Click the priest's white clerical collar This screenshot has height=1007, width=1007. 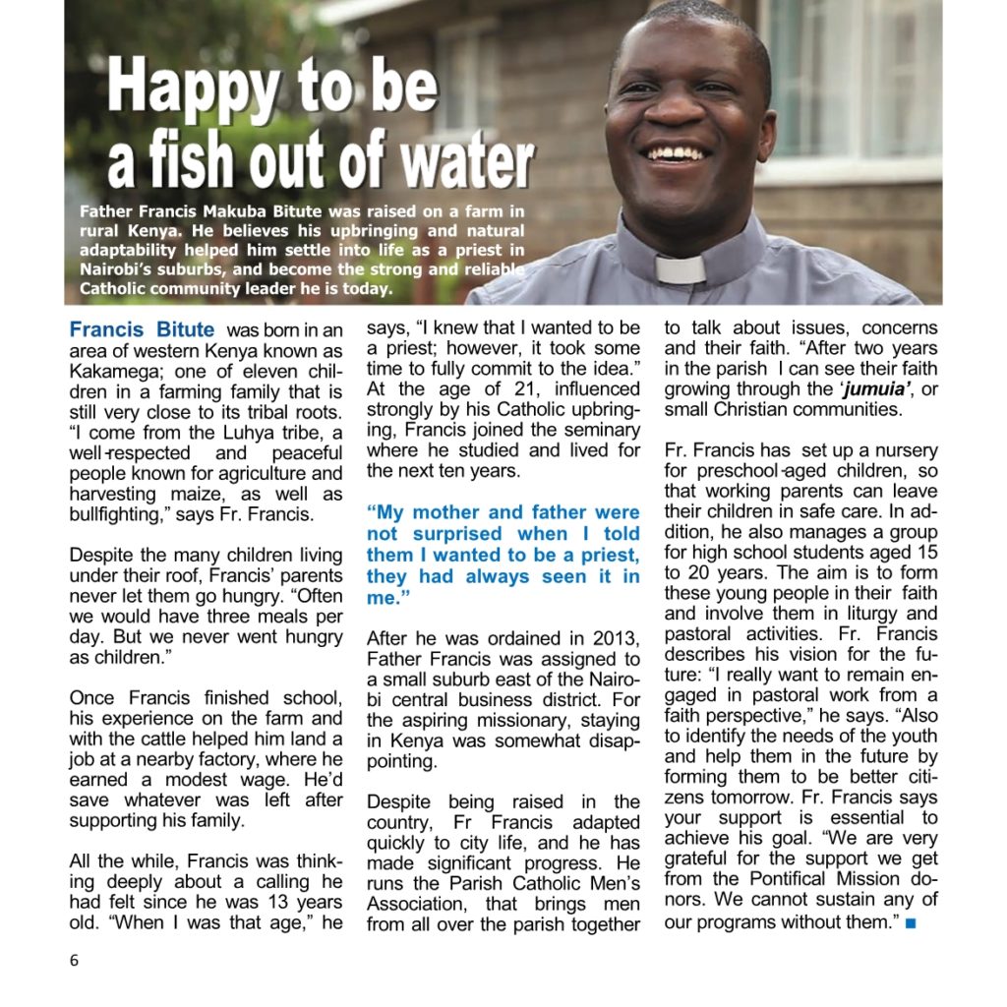681,268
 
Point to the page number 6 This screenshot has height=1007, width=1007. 74,961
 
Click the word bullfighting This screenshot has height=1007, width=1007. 121,514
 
